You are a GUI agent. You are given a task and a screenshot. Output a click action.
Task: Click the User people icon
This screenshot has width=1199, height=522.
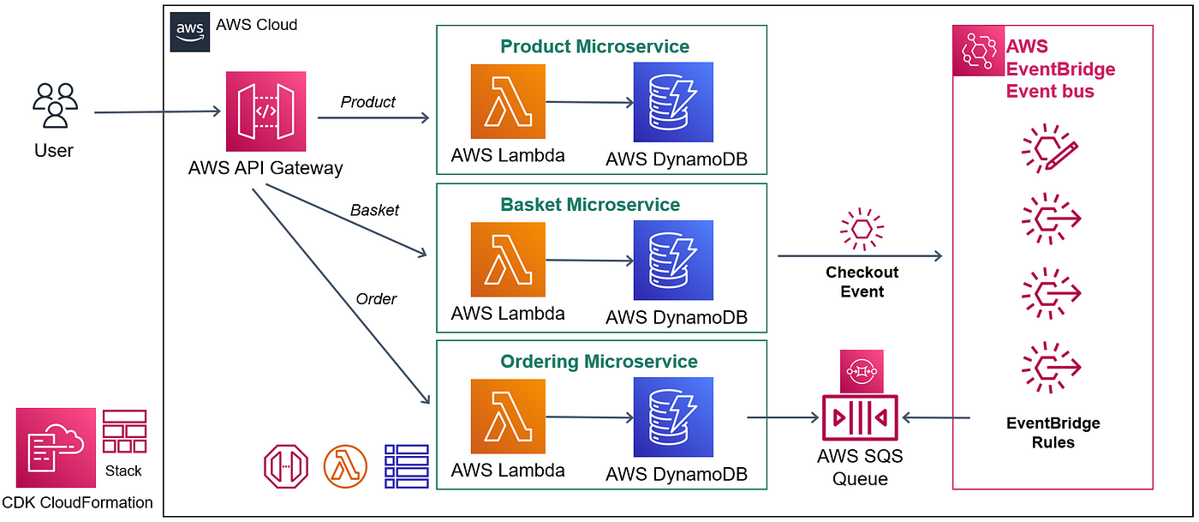click(55, 105)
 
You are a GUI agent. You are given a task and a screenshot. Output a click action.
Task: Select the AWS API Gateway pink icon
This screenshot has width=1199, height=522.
click(265, 111)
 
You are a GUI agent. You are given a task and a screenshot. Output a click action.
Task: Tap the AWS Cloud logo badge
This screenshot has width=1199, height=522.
click(189, 32)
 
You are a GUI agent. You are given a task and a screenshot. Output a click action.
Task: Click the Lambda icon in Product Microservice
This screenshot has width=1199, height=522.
click(507, 102)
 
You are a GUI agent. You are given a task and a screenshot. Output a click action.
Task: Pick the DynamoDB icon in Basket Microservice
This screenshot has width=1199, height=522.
click(673, 260)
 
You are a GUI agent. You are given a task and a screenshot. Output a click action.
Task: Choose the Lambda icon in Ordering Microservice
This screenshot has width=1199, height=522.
click(507, 417)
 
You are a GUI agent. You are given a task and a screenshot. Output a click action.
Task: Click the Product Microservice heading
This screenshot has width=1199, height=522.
click(594, 46)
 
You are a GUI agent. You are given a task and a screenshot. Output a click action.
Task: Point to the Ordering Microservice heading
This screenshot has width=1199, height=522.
click(599, 362)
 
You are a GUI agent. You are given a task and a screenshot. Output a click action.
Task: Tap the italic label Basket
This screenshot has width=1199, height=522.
click(374, 210)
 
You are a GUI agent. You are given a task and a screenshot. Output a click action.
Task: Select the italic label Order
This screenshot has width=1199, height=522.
click(376, 298)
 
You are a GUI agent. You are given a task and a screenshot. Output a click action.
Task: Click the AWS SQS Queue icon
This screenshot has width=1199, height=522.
click(860, 417)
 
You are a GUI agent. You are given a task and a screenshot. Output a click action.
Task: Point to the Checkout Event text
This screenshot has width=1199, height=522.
click(862, 282)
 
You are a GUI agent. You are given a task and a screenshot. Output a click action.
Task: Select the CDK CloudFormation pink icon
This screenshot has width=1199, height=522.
click(56, 447)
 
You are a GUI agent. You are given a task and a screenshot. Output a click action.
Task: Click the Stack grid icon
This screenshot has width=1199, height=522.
click(124, 431)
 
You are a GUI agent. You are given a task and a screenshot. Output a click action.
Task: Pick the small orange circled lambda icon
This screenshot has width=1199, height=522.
click(345, 466)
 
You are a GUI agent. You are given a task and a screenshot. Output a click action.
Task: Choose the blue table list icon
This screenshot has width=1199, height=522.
click(406, 466)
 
